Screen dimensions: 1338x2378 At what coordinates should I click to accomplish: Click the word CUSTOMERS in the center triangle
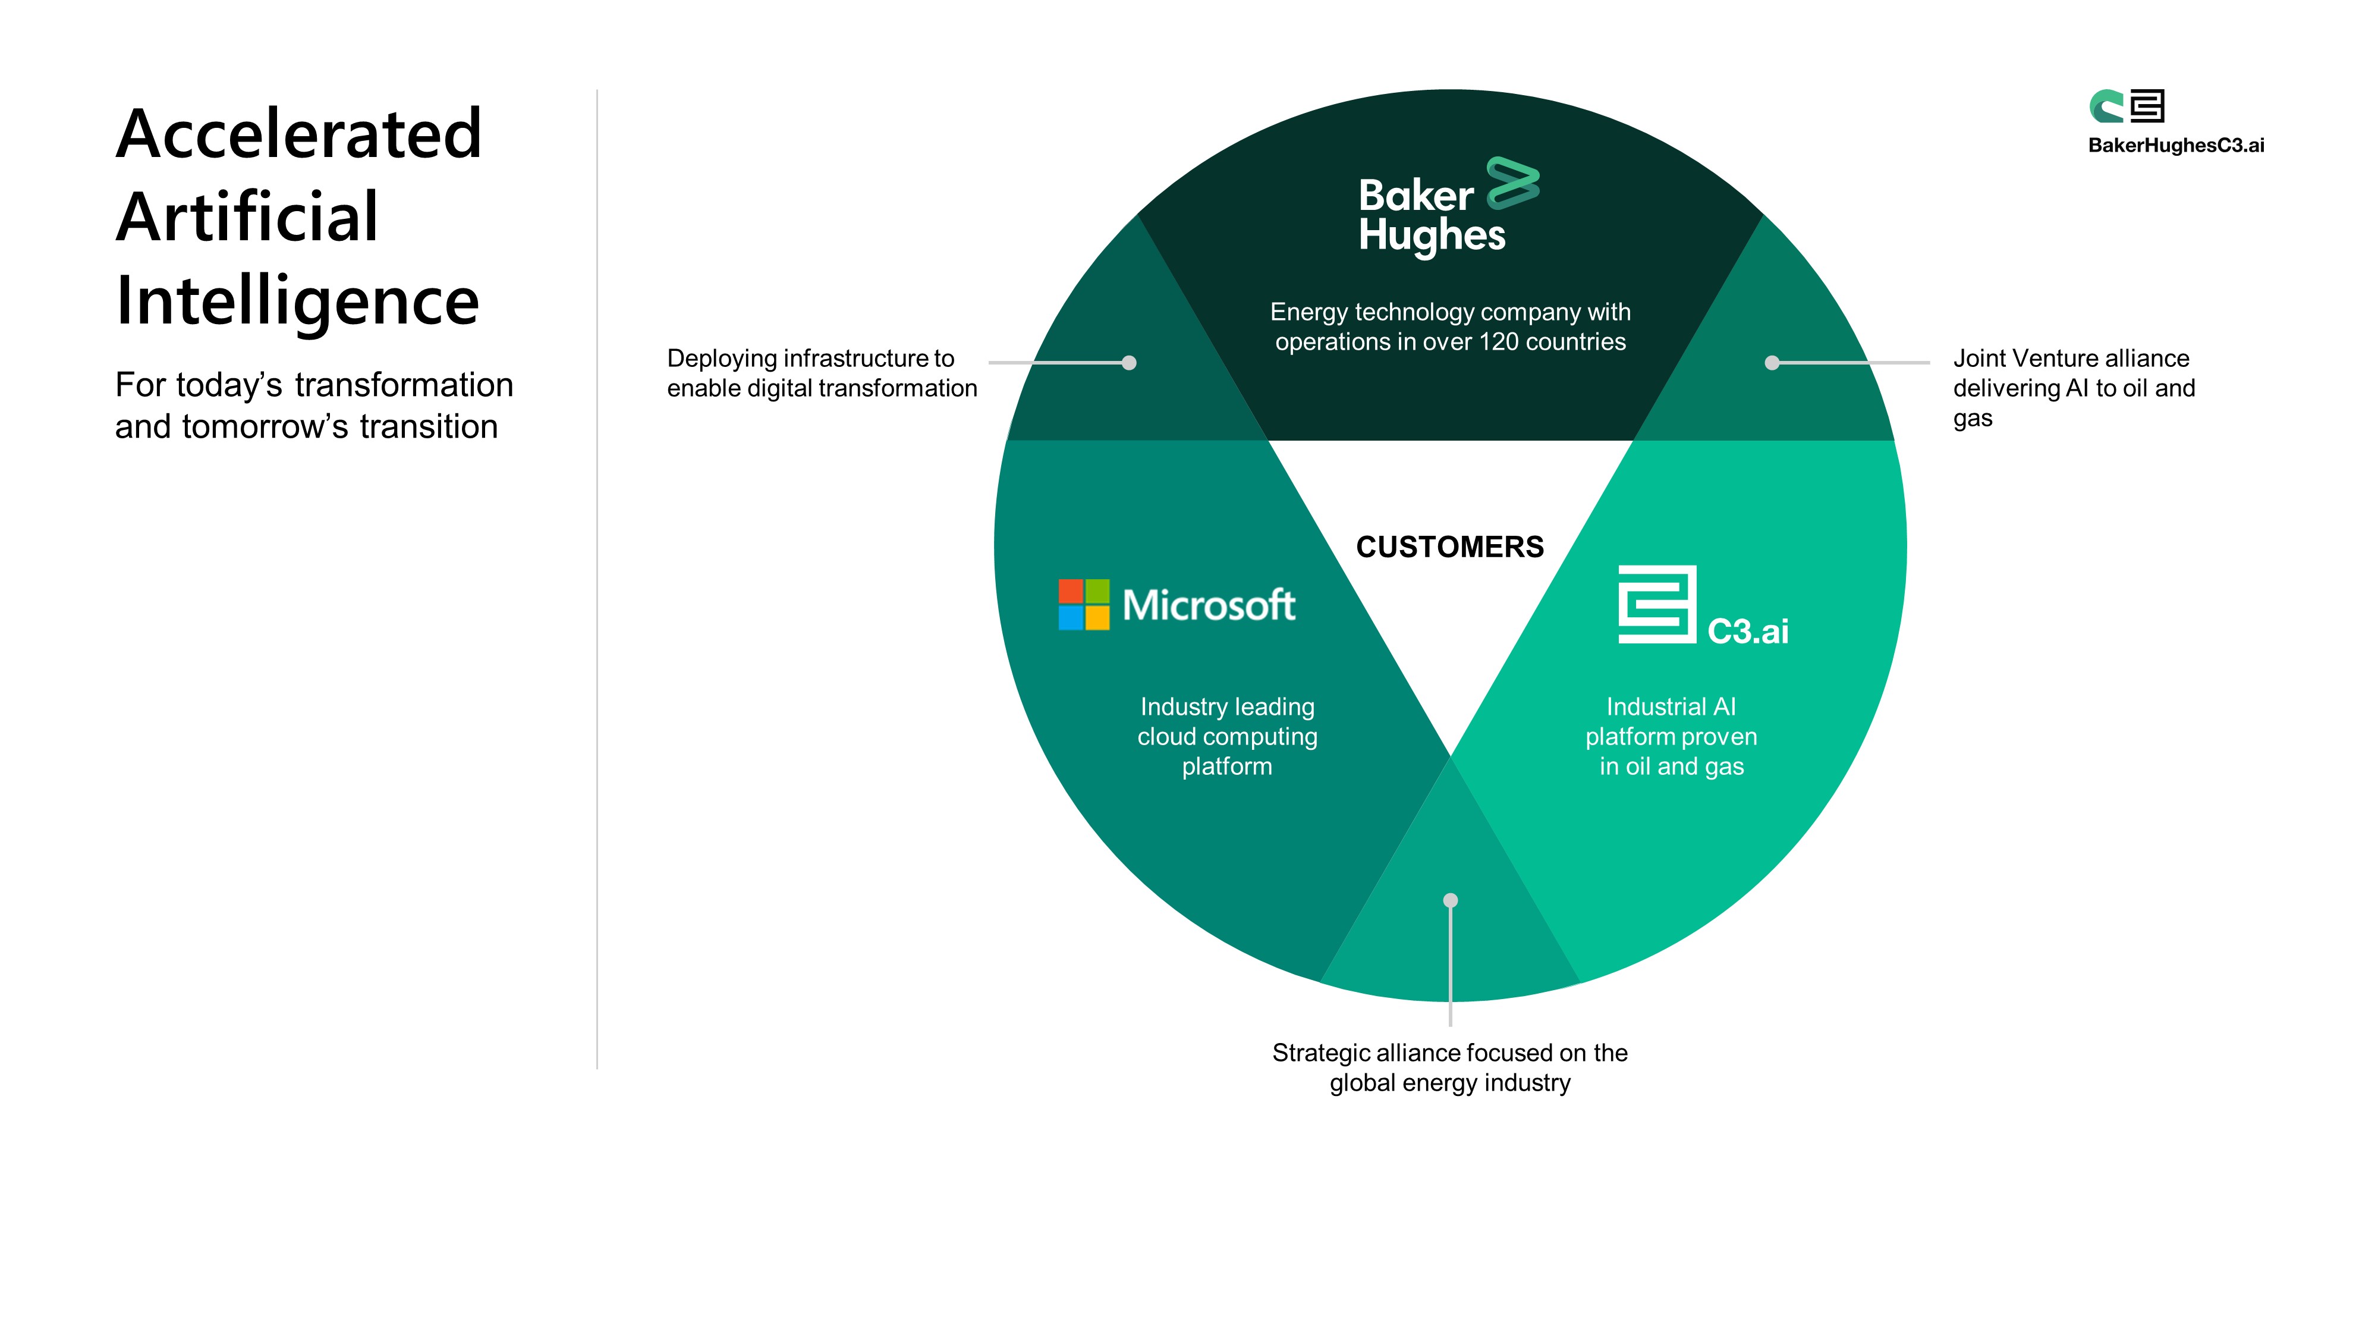click(x=1449, y=546)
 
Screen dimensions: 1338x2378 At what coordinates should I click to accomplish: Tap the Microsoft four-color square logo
click(x=1084, y=605)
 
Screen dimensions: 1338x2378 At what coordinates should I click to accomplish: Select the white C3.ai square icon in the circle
click(x=1657, y=605)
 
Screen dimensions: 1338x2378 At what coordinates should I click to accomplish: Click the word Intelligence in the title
click(x=297, y=301)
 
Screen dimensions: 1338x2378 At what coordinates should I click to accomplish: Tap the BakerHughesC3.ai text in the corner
click(x=2176, y=145)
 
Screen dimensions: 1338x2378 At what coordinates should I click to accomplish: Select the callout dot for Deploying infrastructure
click(x=1129, y=363)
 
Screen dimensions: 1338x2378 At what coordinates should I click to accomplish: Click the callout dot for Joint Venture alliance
click(x=1772, y=363)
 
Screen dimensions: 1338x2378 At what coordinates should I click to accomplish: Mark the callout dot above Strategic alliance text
click(x=1450, y=900)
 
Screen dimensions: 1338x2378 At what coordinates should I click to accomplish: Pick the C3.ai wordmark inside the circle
click(x=1747, y=632)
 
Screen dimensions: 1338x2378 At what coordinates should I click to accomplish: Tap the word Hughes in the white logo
click(x=1432, y=235)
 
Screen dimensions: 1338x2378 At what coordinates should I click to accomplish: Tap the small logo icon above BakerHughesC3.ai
click(x=2127, y=106)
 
